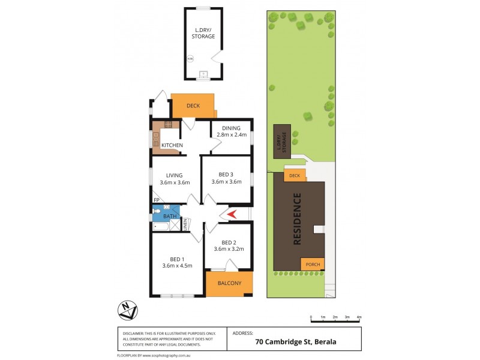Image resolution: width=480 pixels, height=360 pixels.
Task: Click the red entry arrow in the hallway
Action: point(230,214)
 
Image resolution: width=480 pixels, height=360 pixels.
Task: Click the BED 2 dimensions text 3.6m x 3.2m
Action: point(229,249)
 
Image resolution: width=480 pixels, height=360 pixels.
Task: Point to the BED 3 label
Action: point(226,173)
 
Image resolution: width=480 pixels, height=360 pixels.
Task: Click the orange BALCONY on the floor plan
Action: point(229,283)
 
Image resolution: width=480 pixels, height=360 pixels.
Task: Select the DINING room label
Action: point(231,128)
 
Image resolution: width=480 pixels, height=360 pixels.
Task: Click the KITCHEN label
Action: point(172,145)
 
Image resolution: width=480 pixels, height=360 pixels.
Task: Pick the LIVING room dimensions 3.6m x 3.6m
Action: point(175,182)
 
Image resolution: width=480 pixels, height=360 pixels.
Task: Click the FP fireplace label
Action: point(156,200)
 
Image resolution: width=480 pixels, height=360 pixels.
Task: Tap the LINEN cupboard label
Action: point(186,224)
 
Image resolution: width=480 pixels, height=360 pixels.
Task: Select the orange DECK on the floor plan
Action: point(193,106)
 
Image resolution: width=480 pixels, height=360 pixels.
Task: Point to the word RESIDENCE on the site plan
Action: point(297,220)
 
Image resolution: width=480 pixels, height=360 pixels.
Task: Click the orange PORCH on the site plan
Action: point(312,264)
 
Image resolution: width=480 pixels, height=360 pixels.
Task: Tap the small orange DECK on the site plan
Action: point(294,175)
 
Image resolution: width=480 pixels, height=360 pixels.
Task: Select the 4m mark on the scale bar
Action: point(359,316)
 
